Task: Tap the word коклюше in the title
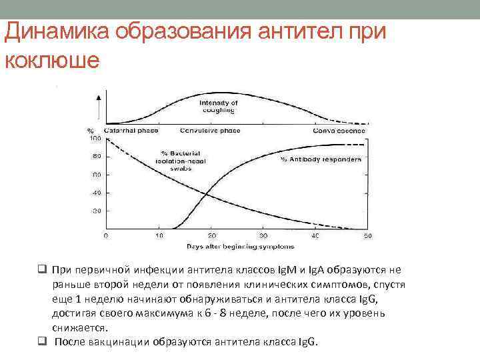[x=52, y=59]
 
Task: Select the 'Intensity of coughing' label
[x=218, y=107]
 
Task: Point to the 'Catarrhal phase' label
[x=131, y=130]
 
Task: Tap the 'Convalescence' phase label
[x=337, y=130]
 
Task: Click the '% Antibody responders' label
[x=321, y=159]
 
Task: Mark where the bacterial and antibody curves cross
[x=207, y=195]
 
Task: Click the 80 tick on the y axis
[x=96, y=157]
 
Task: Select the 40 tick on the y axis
[x=96, y=193]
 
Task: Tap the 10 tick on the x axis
[x=159, y=236]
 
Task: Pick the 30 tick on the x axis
[x=263, y=236]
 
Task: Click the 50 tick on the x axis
[x=367, y=236]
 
